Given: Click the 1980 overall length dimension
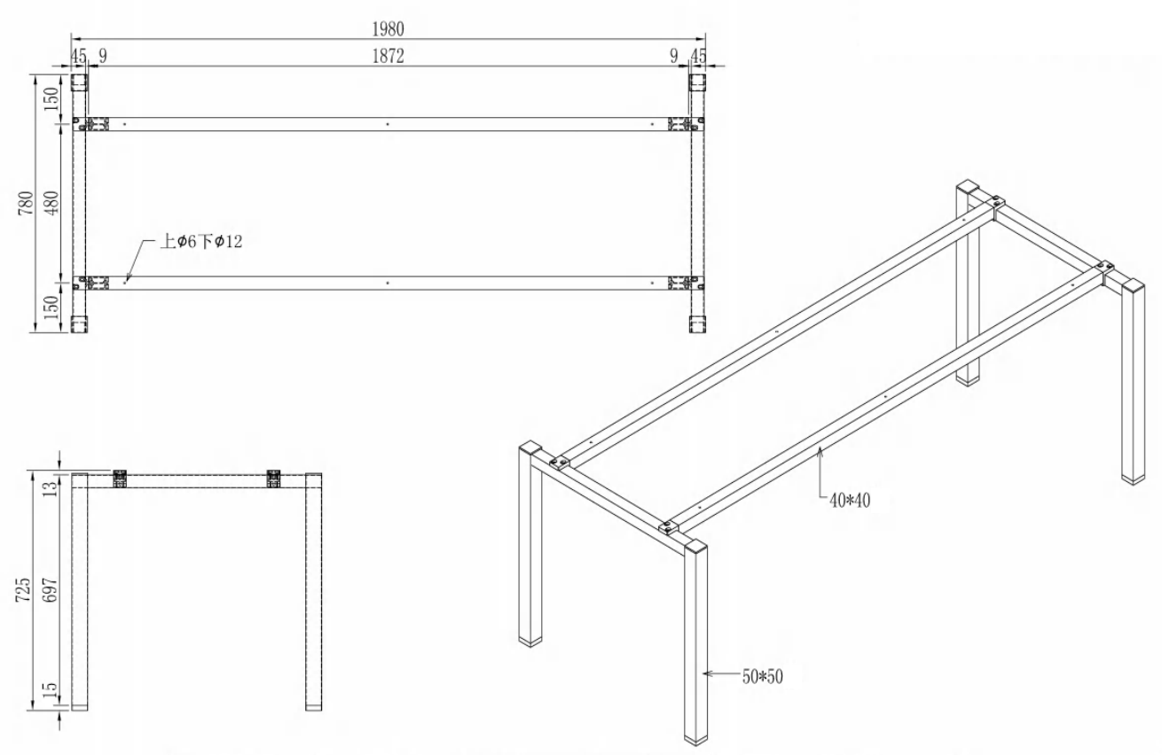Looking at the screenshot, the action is (x=388, y=29).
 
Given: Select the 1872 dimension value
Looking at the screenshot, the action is (x=388, y=56).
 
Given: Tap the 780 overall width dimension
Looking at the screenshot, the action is (x=26, y=203).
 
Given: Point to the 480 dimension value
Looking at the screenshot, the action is (x=52, y=203).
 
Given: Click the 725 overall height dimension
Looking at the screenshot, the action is (x=23, y=589).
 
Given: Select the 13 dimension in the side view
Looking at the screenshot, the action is (x=51, y=488).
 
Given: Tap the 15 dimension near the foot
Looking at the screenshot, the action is (x=51, y=689).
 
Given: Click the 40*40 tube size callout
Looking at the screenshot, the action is (x=850, y=501).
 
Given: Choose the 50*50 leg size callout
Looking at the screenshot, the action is (x=763, y=677).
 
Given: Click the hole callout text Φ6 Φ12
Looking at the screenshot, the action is (x=201, y=241).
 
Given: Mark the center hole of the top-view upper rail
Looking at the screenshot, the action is (x=388, y=124).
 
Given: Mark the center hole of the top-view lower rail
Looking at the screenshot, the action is (x=388, y=283).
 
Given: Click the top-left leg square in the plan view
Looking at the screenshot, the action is (x=79, y=83).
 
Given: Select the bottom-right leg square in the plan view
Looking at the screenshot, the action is (x=698, y=323).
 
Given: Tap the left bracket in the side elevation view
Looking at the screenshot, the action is (x=120, y=479).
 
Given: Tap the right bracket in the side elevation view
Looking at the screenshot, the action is (x=273, y=479).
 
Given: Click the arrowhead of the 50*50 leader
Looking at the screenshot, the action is (x=707, y=673).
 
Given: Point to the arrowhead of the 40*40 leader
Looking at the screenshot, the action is (x=820, y=452).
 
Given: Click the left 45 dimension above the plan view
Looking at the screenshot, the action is (x=78, y=56).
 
